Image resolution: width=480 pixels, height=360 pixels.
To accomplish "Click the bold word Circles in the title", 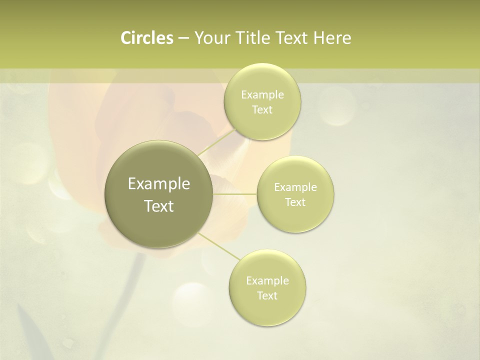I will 146,38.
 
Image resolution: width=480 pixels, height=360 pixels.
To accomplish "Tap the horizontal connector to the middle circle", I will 235,193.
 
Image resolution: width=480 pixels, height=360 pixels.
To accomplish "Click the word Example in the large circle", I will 159,184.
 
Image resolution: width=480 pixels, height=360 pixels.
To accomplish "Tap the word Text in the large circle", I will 159,206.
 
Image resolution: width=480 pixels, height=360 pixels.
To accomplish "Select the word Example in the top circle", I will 262,95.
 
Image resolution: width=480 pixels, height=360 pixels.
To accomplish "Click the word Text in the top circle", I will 262,110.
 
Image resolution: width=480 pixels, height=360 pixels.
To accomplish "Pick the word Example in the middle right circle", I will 295,187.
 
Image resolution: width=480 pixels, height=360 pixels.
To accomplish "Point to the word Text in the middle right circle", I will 295,202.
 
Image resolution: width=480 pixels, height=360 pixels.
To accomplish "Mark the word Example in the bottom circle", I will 267,281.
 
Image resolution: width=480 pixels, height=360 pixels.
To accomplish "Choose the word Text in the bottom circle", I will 267,296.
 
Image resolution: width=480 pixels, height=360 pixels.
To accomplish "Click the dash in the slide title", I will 183,38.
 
